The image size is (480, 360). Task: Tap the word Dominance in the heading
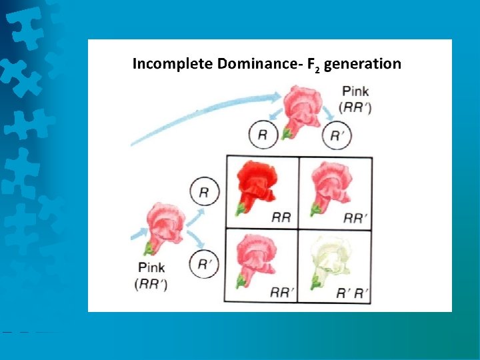pos(237,64)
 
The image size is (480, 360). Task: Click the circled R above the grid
pos(262,136)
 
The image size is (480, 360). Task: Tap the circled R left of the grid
pos(204,193)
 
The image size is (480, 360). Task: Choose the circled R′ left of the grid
pos(204,263)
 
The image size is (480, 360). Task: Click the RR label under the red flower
pos(281,217)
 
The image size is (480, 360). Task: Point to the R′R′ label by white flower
pos(351,291)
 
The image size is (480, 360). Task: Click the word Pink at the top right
pos(355,91)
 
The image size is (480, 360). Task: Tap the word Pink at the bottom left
pos(152,267)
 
